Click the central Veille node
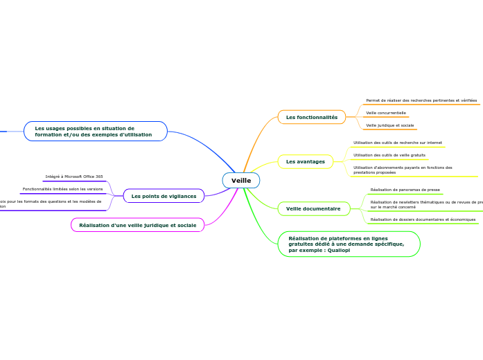(x=241, y=181)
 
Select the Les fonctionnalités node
(x=311, y=117)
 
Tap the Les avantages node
(x=305, y=161)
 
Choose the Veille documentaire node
(x=313, y=208)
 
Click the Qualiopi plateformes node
(x=349, y=244)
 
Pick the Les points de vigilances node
(x=164, y=196)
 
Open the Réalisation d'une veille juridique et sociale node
(x=137, y=225)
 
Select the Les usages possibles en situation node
(x=95, y=131)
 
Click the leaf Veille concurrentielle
(x=386, y=113)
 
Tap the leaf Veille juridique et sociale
(x=390, y=125)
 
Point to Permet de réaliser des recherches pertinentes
(x=421, y=100)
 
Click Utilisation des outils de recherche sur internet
(x=398, y=143)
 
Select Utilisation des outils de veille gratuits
(x=389, y=155)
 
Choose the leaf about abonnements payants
(x=403, y=170)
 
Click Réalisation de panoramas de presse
(x=405, y=190)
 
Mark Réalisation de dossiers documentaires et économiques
(x=423, y=219)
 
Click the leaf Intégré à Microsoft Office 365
(x=74, y=177)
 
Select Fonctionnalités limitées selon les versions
(x=62, y=189)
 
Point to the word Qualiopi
(x=337, y=251)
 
